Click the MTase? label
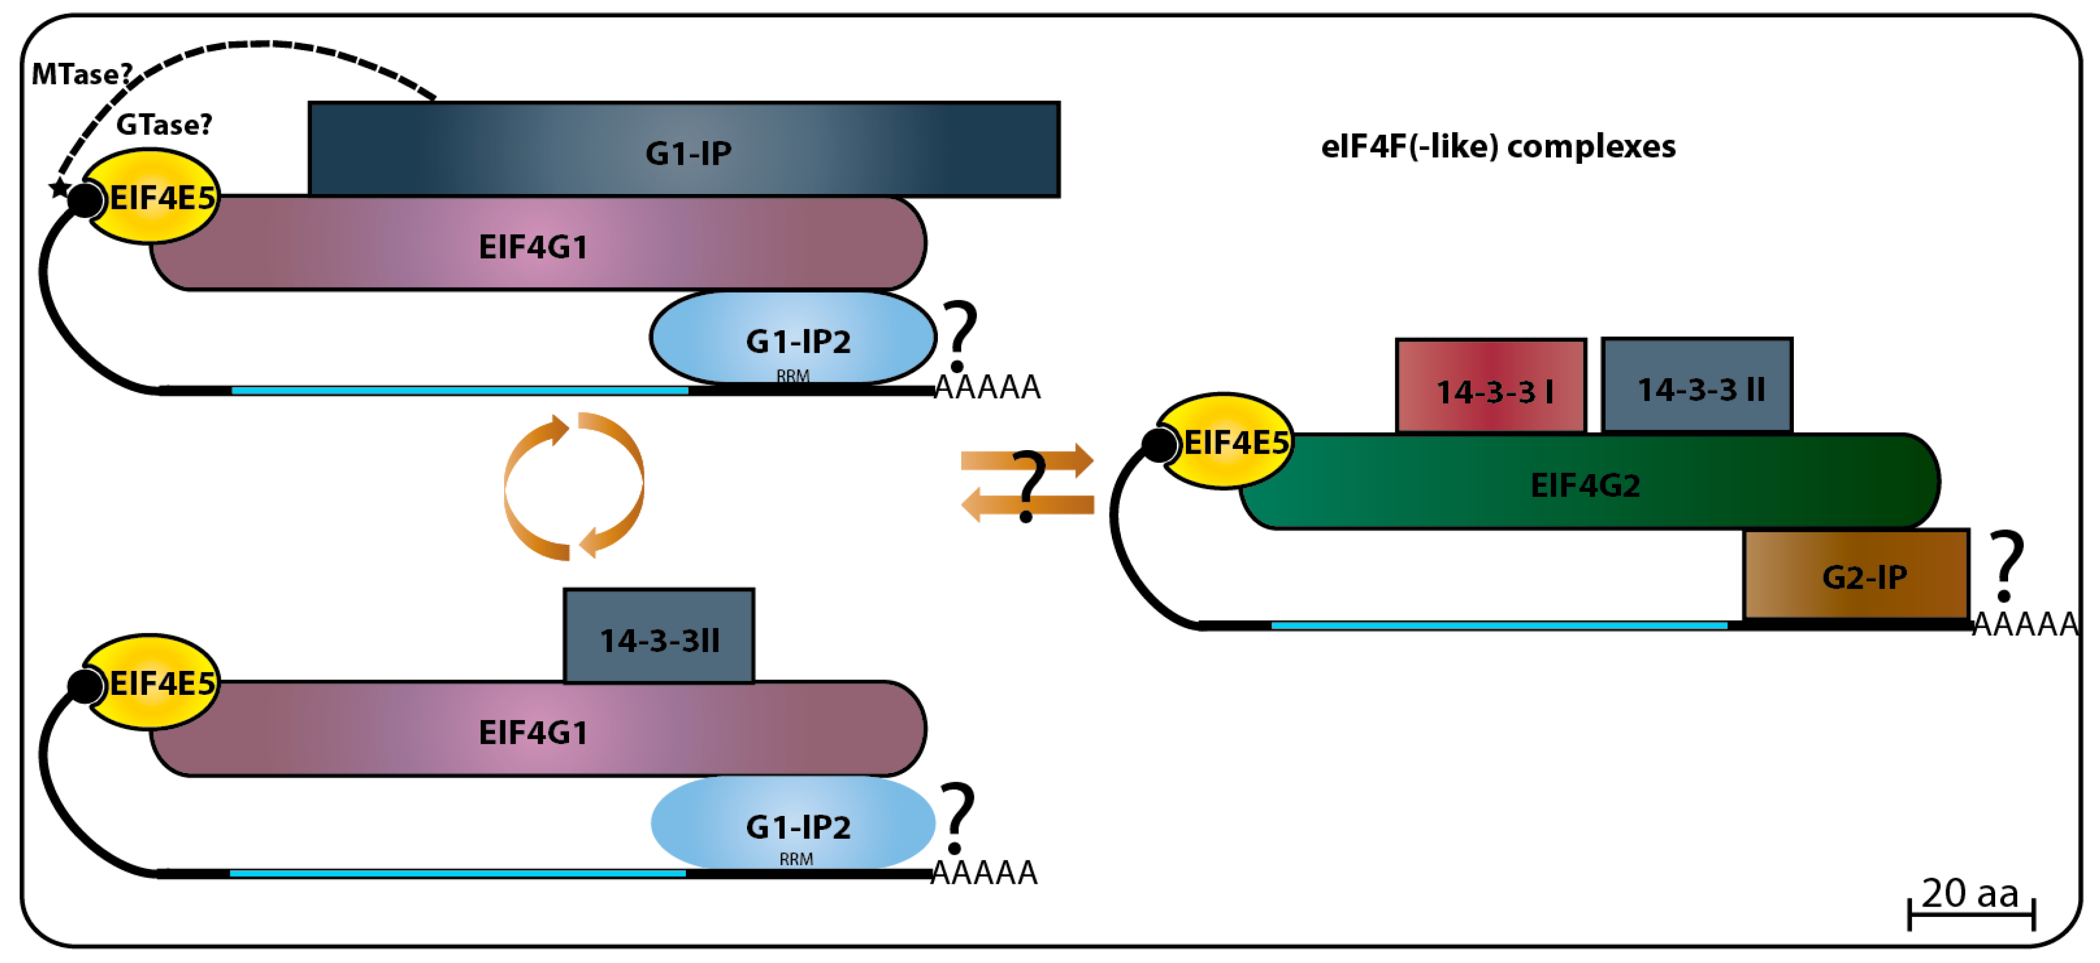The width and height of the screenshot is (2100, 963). (x=81, y=74)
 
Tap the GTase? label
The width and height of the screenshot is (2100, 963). (x=164, y=125)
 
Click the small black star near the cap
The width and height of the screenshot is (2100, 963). (x=59, y=188)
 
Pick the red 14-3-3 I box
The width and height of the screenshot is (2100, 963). (x=1490, y=386)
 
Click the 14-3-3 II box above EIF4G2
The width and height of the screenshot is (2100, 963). (x=1696, y=385)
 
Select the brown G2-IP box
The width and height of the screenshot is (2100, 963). (x=1857, y=575)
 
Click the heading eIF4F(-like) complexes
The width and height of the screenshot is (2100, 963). (x=1497, y=147)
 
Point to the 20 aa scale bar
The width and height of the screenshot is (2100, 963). (x=1971, y=913)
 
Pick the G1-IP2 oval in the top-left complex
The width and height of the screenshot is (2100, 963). (x=793, y=338)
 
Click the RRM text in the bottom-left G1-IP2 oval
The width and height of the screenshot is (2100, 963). (x=795, y=859)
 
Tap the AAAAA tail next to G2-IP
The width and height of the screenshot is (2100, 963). (x=2025, y=625)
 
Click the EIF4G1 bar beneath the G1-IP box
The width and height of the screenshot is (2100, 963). (x=534, y=245)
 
